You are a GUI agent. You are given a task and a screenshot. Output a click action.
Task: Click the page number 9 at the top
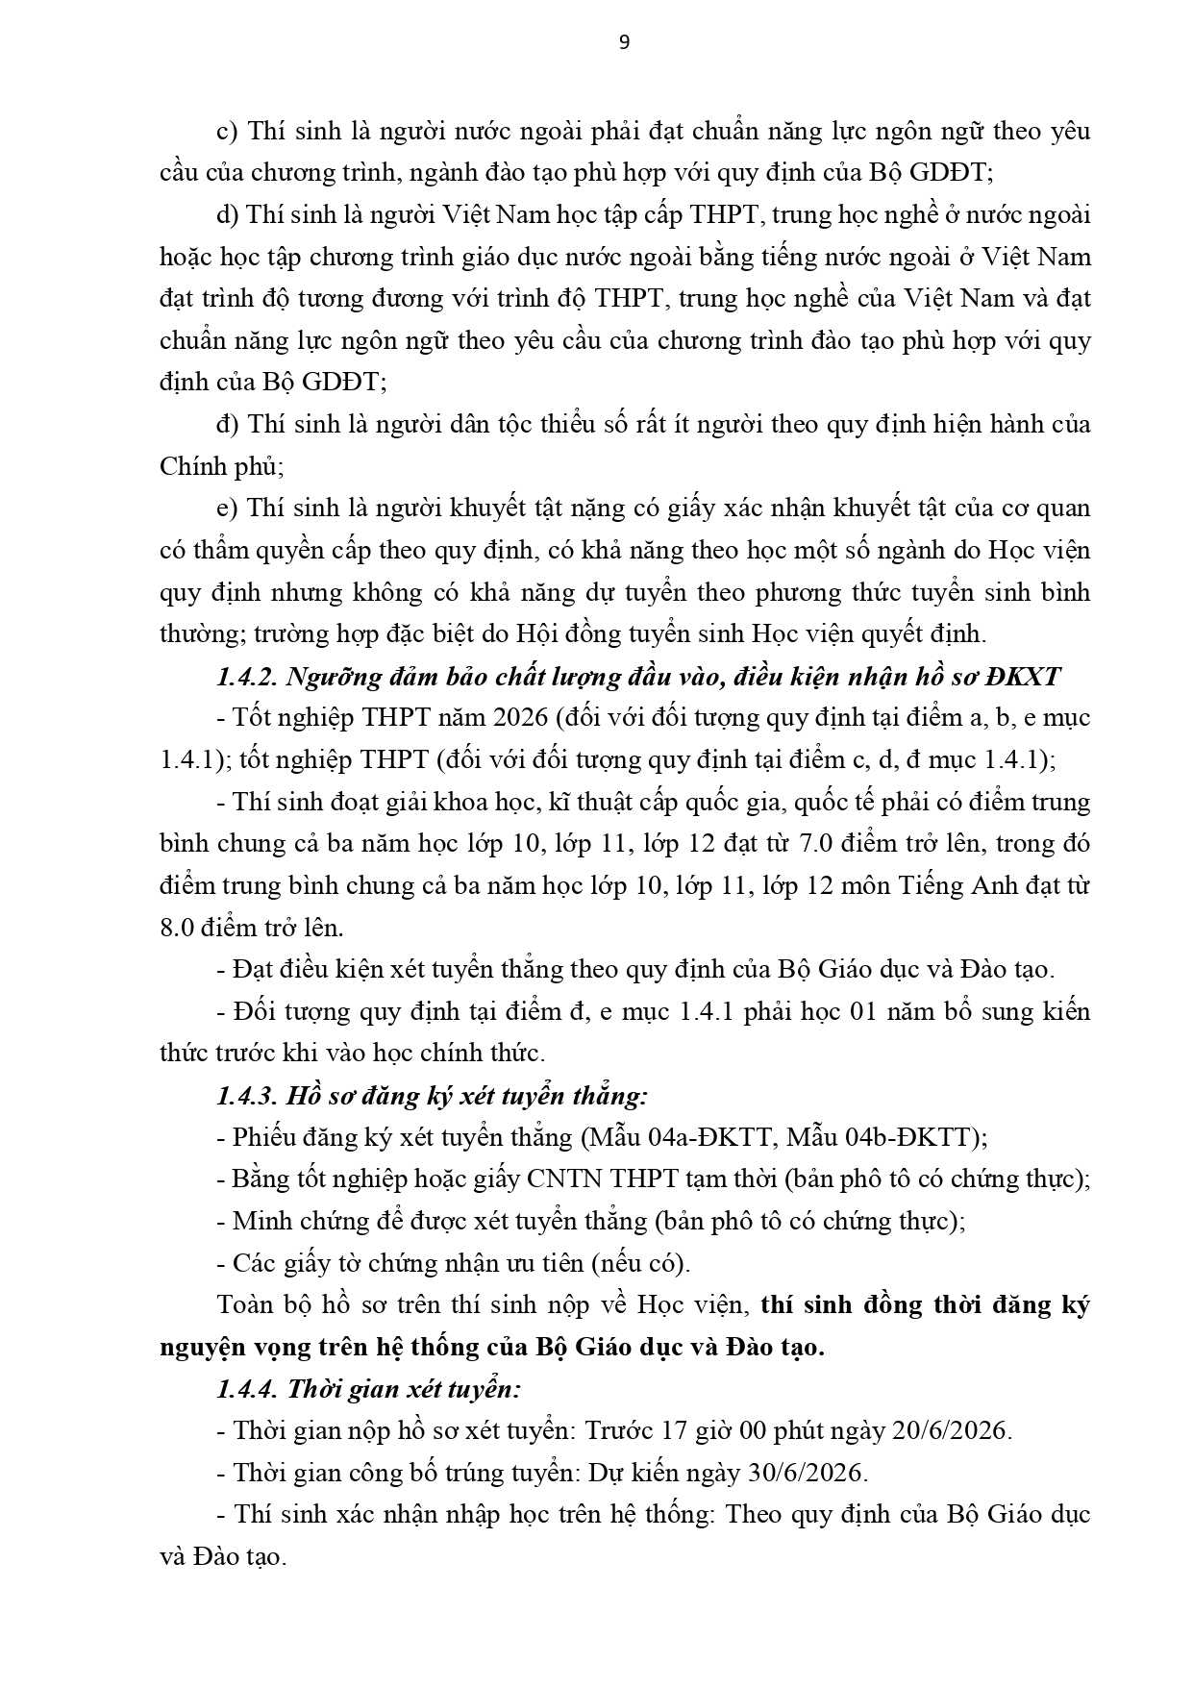(624, 42)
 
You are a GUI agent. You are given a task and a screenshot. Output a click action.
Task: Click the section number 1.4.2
(246, 677)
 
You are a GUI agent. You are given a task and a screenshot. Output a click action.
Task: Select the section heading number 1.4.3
(246, 1096)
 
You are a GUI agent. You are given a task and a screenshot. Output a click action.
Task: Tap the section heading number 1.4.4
(246, 1389)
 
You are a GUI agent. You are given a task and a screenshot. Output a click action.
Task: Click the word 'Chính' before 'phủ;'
(190, 467)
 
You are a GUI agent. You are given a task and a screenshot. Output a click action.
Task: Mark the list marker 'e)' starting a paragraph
(228, 509)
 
